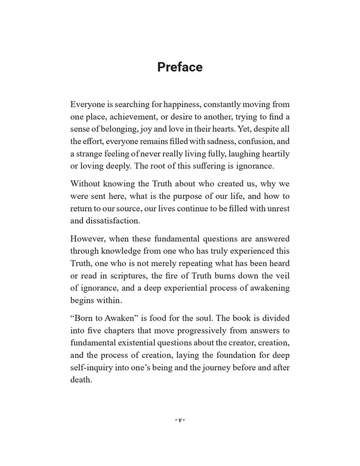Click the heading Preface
point(180,67)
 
